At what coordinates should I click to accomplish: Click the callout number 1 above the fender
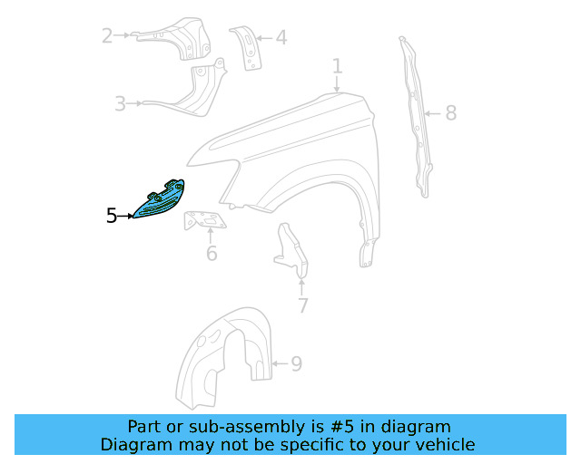click(337, 66)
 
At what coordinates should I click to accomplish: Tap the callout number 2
click(107, 36)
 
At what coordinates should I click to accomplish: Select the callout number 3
click(121, 103)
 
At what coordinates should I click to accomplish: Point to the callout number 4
click(281, 38)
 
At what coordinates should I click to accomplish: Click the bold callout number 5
click(112, 216)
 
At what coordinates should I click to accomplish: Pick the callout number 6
click(212, 253)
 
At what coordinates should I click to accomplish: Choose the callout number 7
click(303, 305)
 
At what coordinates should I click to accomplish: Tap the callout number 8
click(450, 113)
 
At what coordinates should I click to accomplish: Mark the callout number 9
click(297, 363)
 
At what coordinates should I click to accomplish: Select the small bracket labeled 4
click(247, 48)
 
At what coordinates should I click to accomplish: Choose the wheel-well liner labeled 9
click(224, 358)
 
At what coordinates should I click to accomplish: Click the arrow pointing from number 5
click(125, 216)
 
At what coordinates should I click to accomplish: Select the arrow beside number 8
click(432, 113)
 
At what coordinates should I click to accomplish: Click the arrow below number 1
click(337, 84)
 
